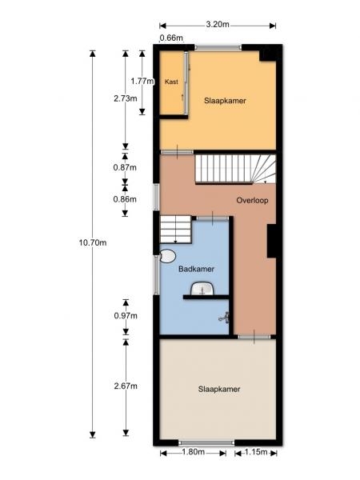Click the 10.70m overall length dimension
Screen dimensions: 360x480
coord(93,242)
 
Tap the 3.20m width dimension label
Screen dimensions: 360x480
coord(218,25)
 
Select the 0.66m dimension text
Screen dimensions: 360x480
coord(171,38)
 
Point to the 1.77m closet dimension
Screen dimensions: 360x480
coord(142,82)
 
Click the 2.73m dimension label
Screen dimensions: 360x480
coord(126,98)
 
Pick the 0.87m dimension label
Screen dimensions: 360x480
coord(125,167)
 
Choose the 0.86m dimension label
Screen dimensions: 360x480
coord(125,199)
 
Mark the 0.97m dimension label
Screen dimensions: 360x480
coord(126,316)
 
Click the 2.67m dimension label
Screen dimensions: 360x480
coord(126,386)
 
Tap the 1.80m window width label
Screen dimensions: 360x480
coord(193,452)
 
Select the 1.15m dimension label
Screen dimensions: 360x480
coord(256,452)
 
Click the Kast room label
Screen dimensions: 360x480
coord(171,82)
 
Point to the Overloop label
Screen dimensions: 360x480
coord(252,201)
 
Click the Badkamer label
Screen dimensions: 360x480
coord(196,269)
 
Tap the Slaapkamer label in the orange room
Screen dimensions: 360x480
coord(225,101)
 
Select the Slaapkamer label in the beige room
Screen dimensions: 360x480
coord(219,389)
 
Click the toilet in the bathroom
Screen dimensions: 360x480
coord(168,256)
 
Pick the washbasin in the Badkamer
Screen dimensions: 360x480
coord(202,289)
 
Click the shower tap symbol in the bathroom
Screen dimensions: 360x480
coord(225,317)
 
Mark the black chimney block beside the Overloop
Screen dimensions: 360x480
coord(271,241)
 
